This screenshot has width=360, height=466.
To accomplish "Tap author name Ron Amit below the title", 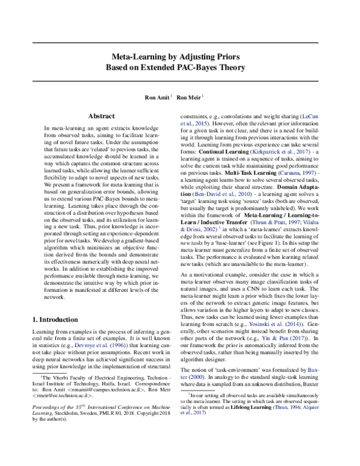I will click(155, 96).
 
